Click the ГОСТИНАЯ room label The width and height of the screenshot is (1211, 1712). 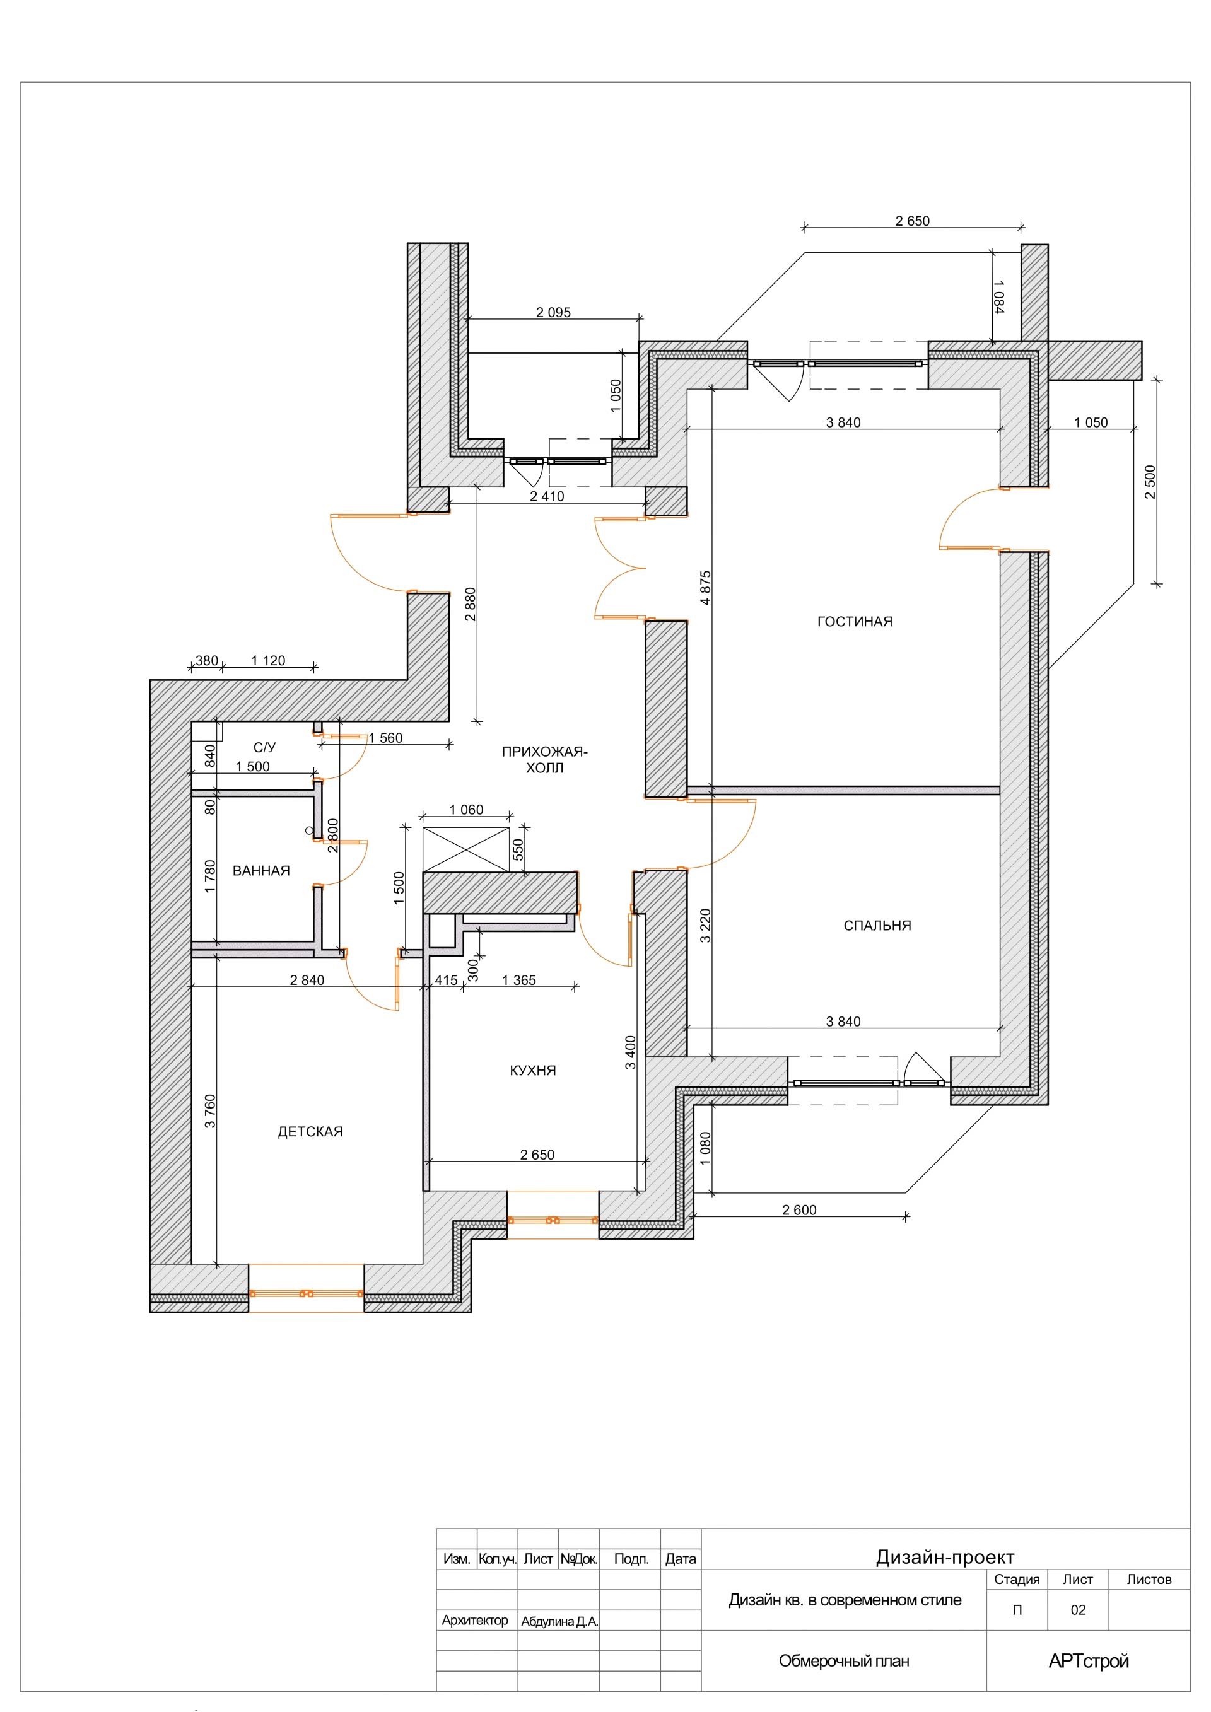coord(855,622)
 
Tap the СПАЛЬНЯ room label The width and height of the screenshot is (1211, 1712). coord(877,925)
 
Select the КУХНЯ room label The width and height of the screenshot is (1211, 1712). coord(532,1070)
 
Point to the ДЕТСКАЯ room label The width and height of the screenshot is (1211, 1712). coord(310,1131)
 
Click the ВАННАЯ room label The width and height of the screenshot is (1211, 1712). coord(261,870)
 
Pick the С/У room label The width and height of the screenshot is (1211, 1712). coord(265,747)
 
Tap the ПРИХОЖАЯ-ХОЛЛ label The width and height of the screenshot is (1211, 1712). coord(544,759)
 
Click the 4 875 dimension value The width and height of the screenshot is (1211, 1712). coord(705,587)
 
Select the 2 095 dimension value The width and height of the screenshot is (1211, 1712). coord(553,312)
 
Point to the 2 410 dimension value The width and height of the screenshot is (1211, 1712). coord(547,496)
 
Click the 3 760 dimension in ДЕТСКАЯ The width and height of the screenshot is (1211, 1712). coord(209,1111)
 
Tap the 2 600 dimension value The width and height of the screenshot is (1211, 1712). coord(799,1209)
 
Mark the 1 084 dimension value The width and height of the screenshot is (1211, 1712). coord(998,297)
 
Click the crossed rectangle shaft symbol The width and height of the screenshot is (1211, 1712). coord(466,849)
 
